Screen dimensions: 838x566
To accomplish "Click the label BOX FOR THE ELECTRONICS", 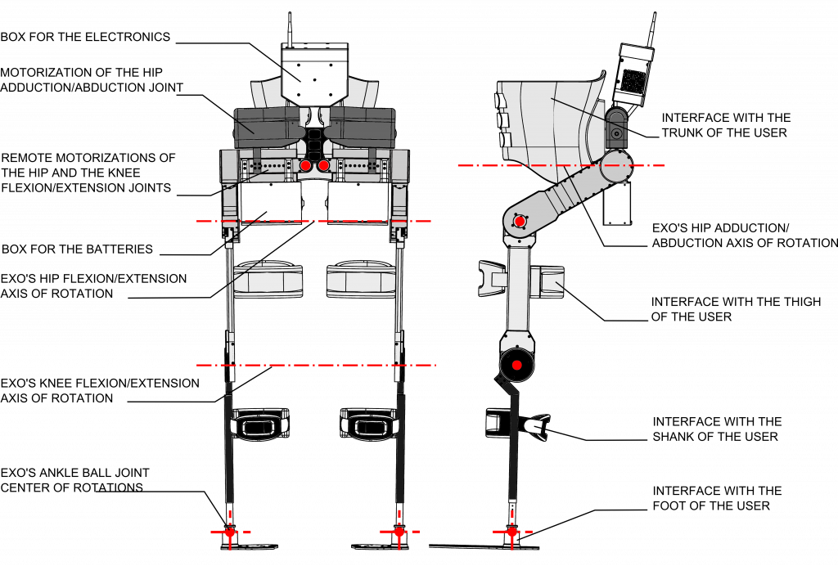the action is [x=85, y=37].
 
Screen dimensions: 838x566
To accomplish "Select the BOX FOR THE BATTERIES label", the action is [x=77, y=249].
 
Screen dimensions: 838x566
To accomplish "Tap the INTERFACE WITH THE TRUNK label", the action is [x=726, y=125].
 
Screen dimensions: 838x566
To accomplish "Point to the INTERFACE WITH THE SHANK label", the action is [x=717, y=429].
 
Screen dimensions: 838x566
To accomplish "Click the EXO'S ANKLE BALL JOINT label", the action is [x=74, y=480].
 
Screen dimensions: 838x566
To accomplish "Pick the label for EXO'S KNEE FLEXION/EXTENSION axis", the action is [x=100, y=390].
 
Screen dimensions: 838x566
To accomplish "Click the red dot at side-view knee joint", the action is [x=517, y=366].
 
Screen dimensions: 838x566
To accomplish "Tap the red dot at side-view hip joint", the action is [x=520, y=221].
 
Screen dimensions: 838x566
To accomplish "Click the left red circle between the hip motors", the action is [x=305, y=166].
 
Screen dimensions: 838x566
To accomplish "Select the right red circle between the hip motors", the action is [x=323, y=166].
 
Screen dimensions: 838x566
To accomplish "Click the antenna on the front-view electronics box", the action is [x=290, y=29].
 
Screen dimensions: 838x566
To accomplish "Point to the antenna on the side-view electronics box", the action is [x=651, y=29].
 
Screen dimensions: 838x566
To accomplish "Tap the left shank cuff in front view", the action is [x=259, y=424].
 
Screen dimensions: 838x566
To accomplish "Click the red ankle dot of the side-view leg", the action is [x=511, y=532].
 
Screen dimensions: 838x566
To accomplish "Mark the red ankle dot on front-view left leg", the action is [x=230, y=532].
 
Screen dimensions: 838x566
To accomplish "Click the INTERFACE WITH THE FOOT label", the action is [x=717, y=498].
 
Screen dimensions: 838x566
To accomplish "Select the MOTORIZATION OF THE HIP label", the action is [x=92, y=79].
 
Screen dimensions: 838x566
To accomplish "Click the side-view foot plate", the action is [x=484, y=546].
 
